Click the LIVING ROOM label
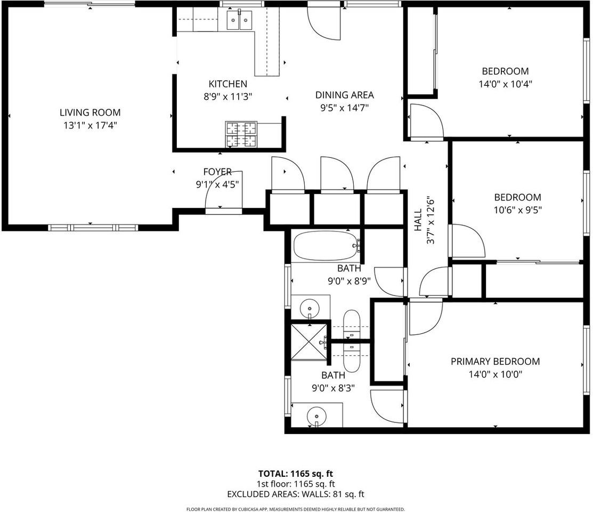pos(90,113)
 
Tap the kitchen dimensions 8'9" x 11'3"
pos(228,97)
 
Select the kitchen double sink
pos(239,20)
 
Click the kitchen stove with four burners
pos(241,134)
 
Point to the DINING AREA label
pos(344,95)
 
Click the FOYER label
pos(217,172)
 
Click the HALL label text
pos(418,220)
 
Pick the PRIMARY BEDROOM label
pos(495,361)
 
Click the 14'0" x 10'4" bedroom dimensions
pos(505,84)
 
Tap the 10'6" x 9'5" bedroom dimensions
pos(517,210)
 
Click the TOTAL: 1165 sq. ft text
pos(296,474)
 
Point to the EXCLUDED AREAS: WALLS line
pos(296,494)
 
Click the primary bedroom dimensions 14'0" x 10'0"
pos(495,374)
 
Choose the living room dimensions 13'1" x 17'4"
pos(90,125)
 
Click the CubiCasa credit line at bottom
pos(296,509)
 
